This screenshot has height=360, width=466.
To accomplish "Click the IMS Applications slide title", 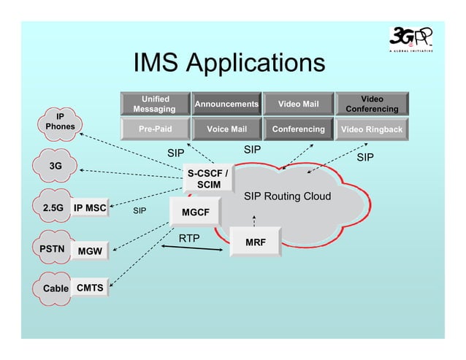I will click(x=229, y=63).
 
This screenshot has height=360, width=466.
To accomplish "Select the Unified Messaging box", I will click(x=154, y=104).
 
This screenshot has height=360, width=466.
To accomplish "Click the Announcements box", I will click(x=226, y=104).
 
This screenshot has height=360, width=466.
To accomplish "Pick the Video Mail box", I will click(x=297, y=104).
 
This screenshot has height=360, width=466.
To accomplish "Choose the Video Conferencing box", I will click(x=371, y=104).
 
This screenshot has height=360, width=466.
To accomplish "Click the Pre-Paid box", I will click(x=154, y=129).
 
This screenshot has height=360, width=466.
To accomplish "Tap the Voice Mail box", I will click(x=226, y=129).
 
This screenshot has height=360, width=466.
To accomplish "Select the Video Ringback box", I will click(x=371, y=130).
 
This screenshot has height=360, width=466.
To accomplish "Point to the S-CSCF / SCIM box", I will click(x=207, y=179).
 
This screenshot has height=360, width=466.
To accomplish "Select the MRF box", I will click(x=254, y=242).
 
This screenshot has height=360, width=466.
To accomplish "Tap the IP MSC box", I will click(x=90, y=208).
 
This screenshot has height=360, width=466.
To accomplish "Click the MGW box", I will click(x=90, y=251).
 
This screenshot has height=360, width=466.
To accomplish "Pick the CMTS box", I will click(x=90, y=288).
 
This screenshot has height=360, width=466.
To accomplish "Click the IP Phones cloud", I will click(x=59, y=121).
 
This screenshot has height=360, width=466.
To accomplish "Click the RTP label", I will click(x=189, y=237).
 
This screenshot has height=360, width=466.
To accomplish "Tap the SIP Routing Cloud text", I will click(x=287, y=196).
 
